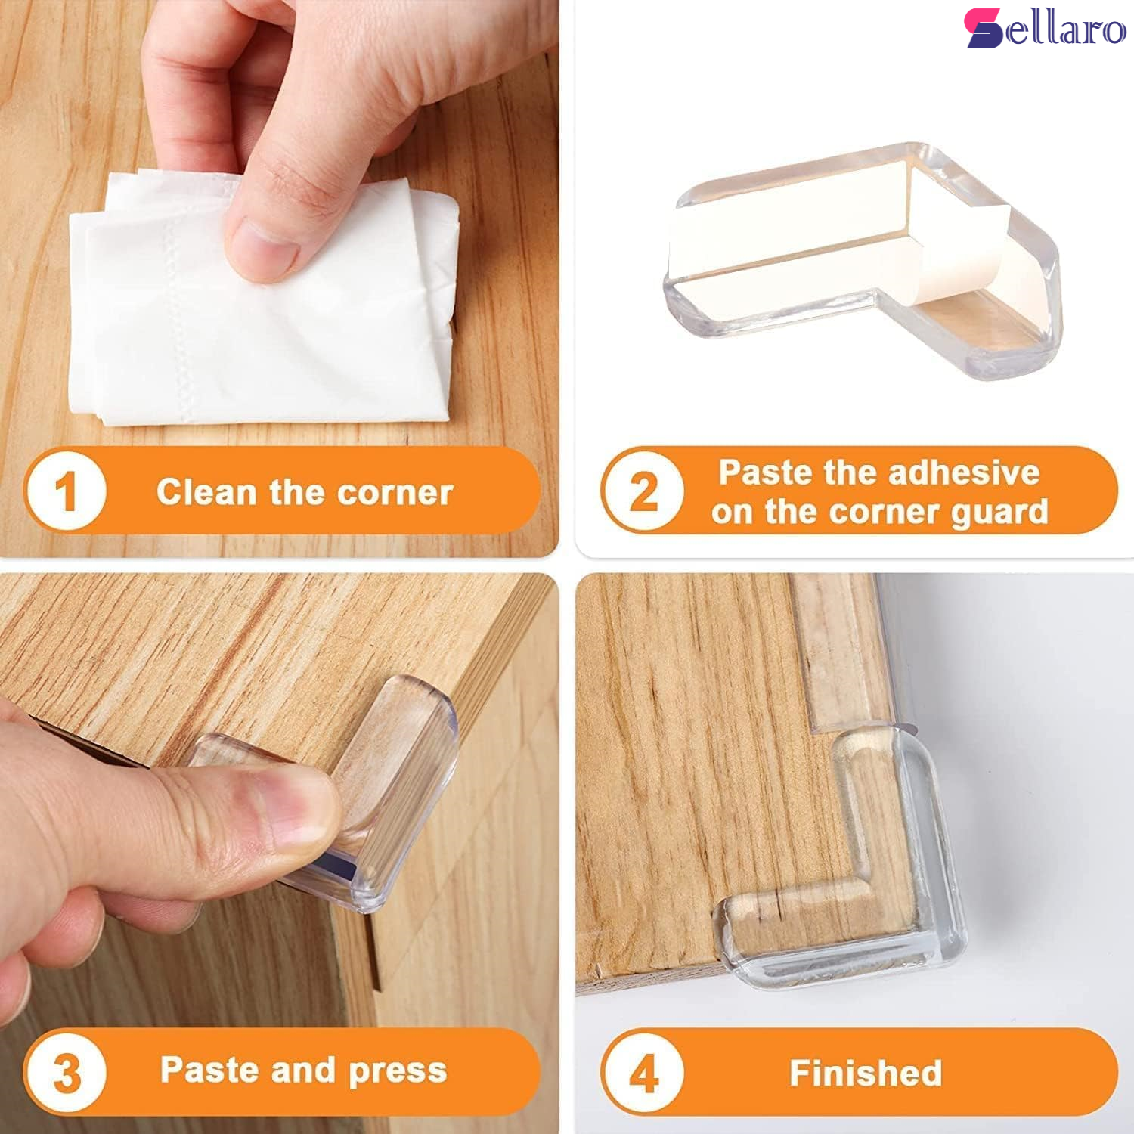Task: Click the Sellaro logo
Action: pos(1046,28)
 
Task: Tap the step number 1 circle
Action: pos(66,491)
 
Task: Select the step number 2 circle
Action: pos(643,491)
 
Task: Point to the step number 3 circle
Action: pos(66,1072)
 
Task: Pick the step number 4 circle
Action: pos(643,1072)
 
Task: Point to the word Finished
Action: pos(866,1073)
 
